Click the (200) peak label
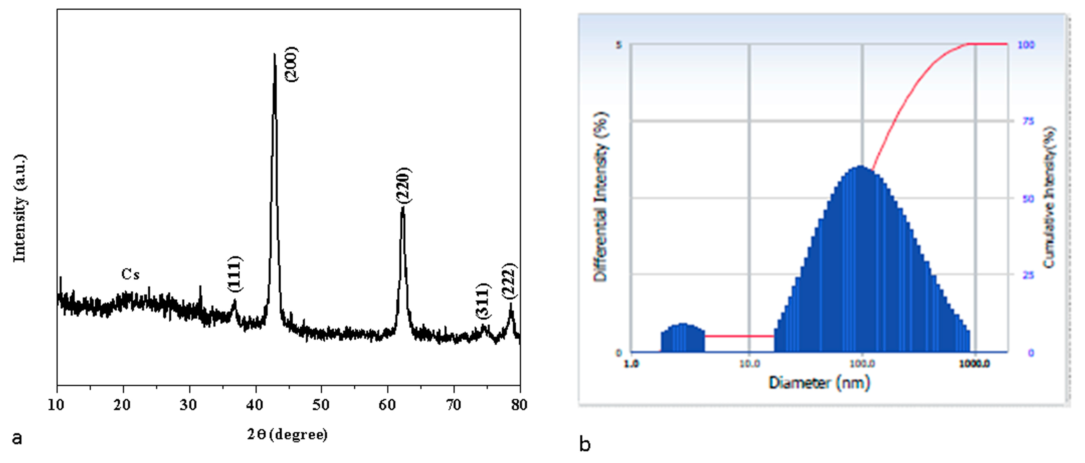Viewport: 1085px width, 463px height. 291,64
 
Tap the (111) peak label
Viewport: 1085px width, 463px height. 235,274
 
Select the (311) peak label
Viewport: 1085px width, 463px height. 483,301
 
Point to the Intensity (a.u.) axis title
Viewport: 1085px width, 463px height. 20,208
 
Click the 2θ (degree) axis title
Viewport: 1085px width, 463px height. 287,434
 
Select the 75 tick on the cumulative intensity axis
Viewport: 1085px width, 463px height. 1028,121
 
